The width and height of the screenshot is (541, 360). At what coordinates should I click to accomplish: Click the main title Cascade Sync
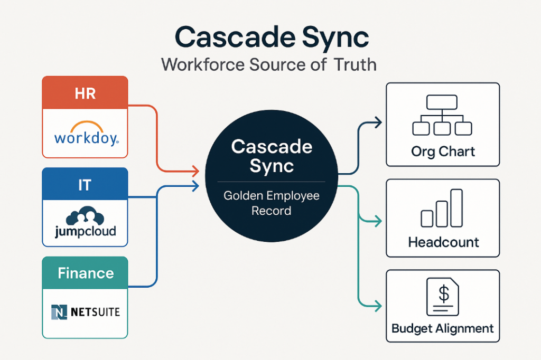(272, 38)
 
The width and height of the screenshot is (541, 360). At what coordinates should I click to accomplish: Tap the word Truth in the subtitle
(356, 64)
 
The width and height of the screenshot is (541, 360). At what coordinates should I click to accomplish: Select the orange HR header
(85, 92)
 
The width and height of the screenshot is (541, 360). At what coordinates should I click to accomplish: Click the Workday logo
(87, 134)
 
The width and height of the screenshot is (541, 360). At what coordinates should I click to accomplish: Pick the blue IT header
(85, 184)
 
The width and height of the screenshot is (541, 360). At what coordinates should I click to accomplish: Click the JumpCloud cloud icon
(85, 216)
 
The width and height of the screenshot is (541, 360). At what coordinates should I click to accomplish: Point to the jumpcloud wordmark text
(86, 231)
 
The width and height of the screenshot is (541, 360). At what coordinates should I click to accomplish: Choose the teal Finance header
(85, 273)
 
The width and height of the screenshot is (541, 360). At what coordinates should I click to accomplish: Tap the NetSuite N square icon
(59, 312)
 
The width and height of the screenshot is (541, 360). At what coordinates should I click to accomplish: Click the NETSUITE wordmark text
(95, 312)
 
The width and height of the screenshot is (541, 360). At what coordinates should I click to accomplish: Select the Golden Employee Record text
(272, 203)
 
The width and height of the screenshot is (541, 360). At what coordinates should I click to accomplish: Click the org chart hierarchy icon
(442, 115)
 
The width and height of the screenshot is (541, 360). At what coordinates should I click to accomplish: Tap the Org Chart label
(443, 151)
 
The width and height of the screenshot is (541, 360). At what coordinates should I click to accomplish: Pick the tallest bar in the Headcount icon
(456, 208)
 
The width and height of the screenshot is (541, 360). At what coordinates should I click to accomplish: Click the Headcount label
(443, 242)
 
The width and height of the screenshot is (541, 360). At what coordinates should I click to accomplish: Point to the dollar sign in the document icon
(444, 294)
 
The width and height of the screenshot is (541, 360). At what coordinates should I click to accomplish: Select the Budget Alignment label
(443, 328)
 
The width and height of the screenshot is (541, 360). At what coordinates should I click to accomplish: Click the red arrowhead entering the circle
(196, 171)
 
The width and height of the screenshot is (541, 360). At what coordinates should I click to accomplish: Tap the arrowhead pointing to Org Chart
(378, 122)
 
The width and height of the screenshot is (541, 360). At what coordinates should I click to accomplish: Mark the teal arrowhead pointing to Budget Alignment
(378, 306)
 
